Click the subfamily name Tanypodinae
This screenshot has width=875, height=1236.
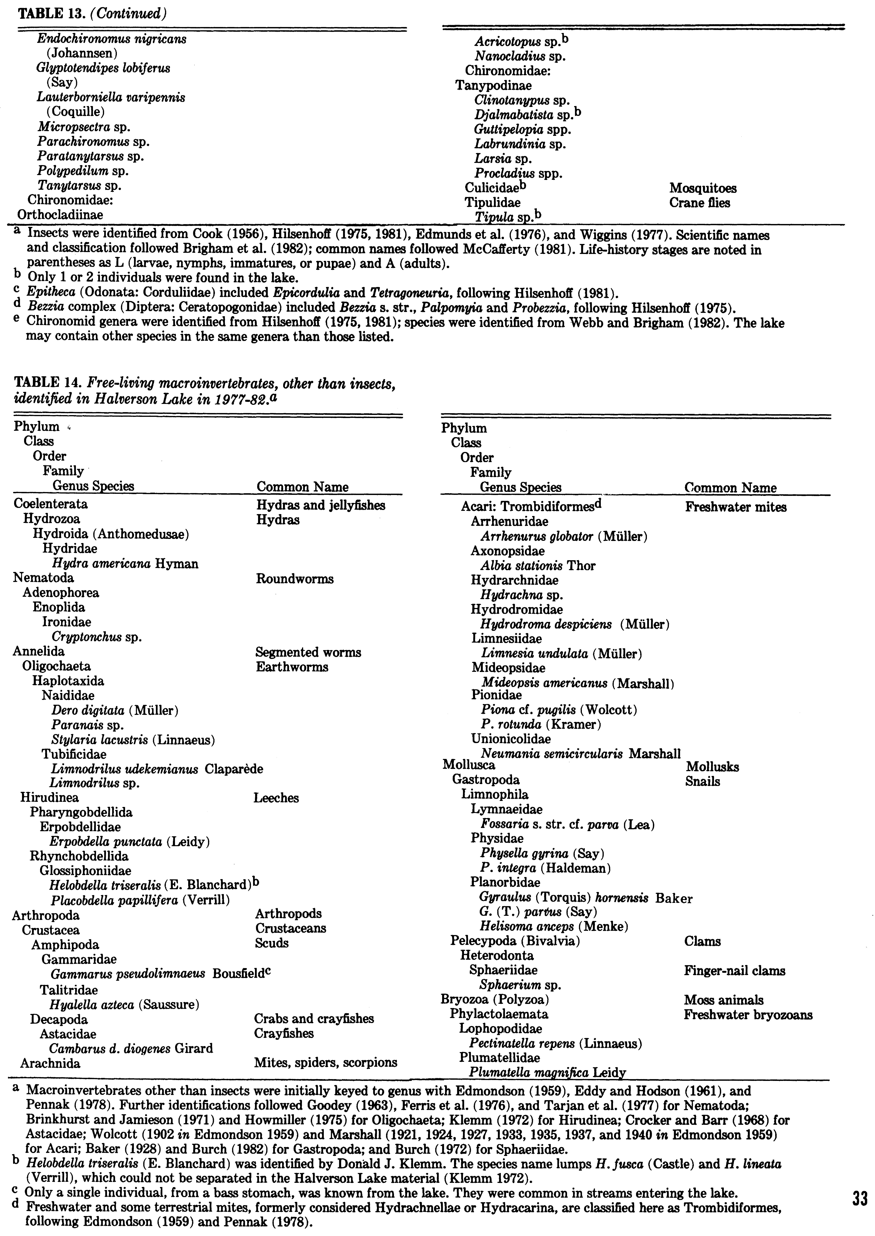tap(493, 85)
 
